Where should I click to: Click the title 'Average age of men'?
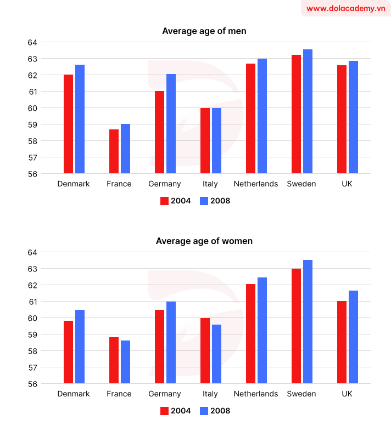(204, 31)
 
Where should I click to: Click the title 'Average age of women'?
(204, 241)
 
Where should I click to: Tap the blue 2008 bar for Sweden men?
(308, 112)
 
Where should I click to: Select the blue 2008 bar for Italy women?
(216, 354)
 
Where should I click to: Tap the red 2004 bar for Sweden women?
(296, 326)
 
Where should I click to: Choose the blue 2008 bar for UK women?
(353, 337)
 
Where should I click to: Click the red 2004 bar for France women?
(114, 360)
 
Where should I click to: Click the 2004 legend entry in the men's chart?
(175, 201)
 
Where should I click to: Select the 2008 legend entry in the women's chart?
(215, 411)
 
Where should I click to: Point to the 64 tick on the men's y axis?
(31, 42)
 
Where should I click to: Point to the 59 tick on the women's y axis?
(31, 334)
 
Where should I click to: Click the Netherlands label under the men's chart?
(256, 184)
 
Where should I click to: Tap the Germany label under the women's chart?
(165, 394)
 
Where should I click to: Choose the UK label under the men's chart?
(347, 184)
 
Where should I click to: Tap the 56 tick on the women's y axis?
(31, 384)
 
